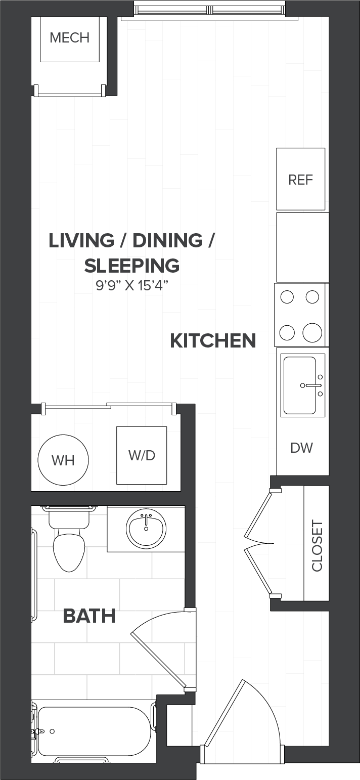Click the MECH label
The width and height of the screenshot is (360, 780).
(x=70, y=37)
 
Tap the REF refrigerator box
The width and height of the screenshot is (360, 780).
(x=301, y=179)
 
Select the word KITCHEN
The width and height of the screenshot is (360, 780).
(x=213, y=340)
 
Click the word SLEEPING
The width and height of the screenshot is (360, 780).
(x=132, y=266)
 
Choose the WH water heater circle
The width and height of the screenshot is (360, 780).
(x=63, y=460)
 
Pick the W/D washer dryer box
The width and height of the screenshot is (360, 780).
(x=142, y=455)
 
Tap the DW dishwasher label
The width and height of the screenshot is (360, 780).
(x=301, y=448)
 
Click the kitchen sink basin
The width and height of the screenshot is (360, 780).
(x=300, y=385)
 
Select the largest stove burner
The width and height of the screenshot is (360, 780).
(x=312, y=332)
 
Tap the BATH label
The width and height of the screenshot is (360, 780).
(x=89, y=616)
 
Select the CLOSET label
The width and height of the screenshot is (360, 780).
(x=317, y=546)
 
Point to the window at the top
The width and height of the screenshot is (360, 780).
(x=210, y=9)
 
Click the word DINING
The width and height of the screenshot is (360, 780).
(x=167, y=241)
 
